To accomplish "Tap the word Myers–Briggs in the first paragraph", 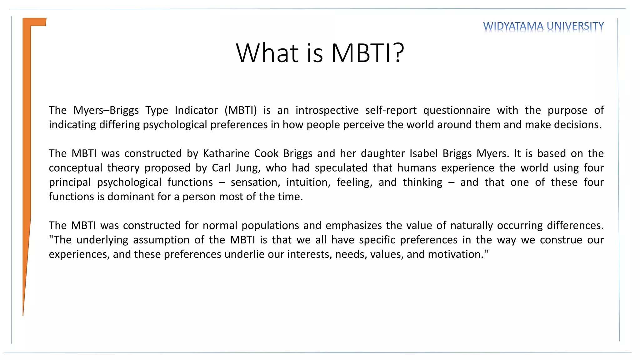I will [106, 110].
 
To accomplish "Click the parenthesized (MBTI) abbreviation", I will [241, 110].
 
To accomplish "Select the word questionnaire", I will [457, 110].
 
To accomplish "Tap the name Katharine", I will [226, 153].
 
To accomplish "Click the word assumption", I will [161, 240].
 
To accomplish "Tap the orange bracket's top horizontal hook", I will [38, 22].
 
